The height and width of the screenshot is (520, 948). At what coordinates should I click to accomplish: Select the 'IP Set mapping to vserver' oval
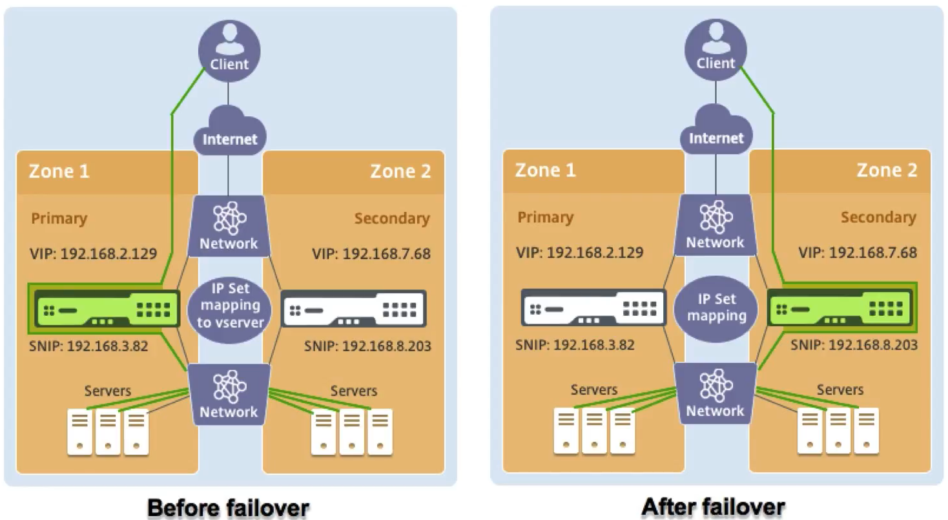coord(229,304)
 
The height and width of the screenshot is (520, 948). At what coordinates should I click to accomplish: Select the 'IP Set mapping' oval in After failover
coord(716,307)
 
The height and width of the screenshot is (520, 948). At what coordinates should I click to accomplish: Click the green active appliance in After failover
coord(840,306)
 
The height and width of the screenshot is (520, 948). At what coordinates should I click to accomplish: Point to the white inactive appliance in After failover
coord(593,307)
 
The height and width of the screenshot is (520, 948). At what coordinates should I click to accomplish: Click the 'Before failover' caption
coord(229,508)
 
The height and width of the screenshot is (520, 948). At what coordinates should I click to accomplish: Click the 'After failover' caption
coord(713,506)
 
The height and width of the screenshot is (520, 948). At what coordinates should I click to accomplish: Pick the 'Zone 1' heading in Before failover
coord(59,171)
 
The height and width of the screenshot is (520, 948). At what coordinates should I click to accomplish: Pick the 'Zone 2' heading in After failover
coord(887,170)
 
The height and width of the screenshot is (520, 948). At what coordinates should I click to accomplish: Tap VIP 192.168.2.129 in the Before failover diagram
coord(94,253)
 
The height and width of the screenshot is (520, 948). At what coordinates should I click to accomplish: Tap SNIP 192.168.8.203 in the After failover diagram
coord(854,345)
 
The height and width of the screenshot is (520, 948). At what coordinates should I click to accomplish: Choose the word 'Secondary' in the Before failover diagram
coord(391,218)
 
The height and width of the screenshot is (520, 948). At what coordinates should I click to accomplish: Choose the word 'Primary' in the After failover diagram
coord(545,217)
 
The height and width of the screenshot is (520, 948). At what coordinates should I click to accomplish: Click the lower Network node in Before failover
coord(229,393)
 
